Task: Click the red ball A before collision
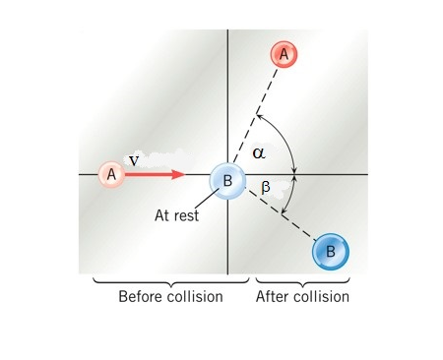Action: click(111, 175)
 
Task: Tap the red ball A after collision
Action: click(284, 55)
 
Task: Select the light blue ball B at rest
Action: click(227, 181)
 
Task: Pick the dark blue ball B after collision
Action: click(331, 252)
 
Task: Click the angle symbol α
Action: click(259, 152)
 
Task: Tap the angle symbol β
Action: click(266, 187)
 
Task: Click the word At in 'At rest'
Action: click(163, 215)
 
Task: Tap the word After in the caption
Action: click(273, 296)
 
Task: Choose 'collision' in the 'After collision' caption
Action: click(321, 296)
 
